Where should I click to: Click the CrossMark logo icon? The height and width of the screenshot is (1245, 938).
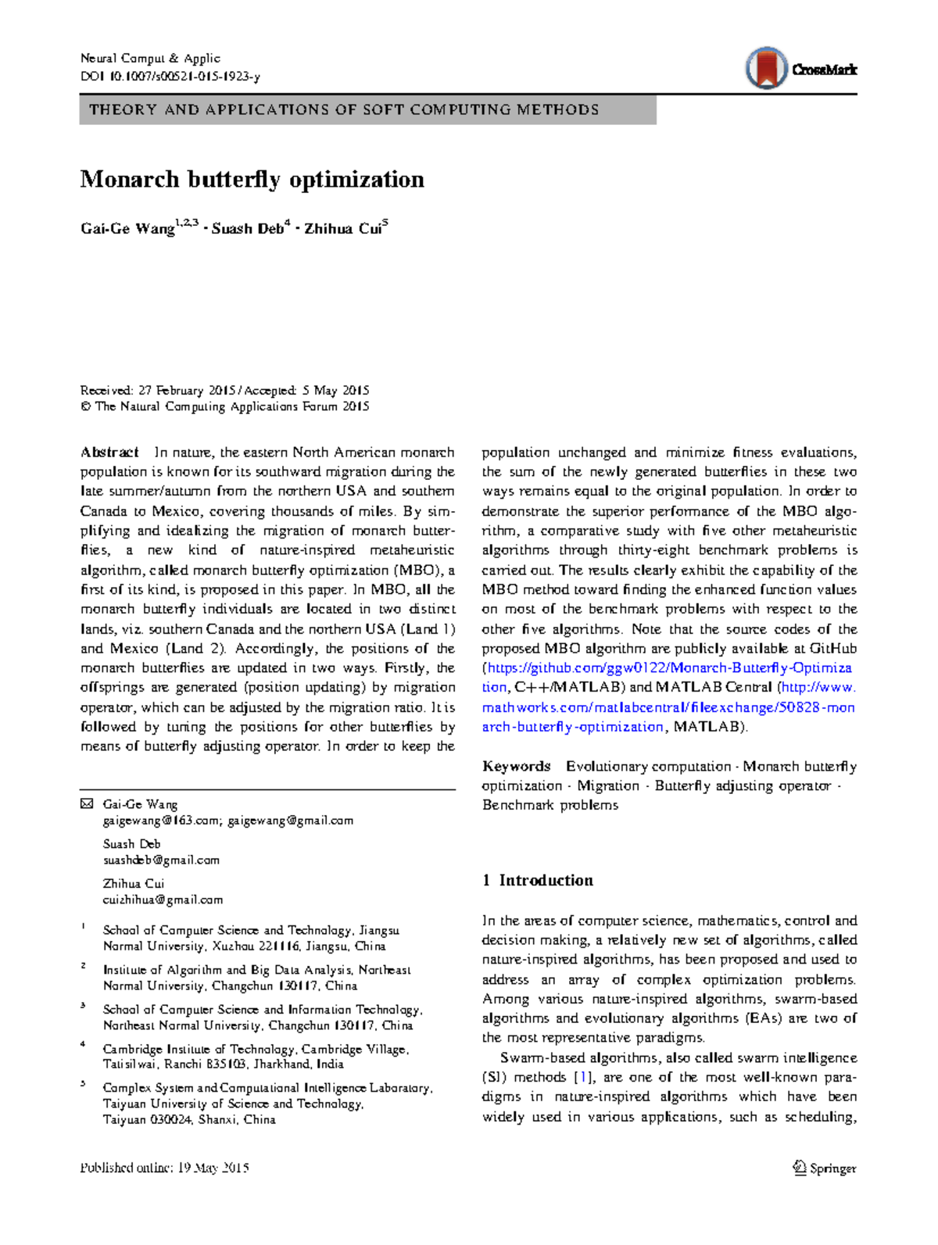coord(766,68)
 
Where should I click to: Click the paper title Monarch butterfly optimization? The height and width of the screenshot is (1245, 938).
coord(252,180)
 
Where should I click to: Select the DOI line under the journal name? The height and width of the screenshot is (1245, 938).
coord(170,77)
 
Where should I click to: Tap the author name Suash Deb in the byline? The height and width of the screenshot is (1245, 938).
coord(248,229)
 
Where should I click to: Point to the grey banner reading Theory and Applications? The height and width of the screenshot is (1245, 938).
coord(367,110)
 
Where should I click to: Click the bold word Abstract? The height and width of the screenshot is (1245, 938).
coord(109,453)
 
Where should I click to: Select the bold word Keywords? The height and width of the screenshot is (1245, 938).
coord(516,767)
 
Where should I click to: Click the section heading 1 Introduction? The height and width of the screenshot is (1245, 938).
coord(538,881)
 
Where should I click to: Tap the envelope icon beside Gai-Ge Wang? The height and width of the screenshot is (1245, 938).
coord(87,804)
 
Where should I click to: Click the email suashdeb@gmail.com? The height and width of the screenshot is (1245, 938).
coord(161,860)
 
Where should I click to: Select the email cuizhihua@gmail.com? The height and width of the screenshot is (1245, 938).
coord(163,900)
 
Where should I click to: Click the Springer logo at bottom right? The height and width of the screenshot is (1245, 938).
coord(825,1168)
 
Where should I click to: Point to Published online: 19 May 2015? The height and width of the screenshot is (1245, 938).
coord(164,1168)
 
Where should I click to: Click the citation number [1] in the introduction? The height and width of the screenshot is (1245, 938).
coord(582,1078)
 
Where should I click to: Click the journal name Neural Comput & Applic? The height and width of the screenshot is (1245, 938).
coord(150,59)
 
